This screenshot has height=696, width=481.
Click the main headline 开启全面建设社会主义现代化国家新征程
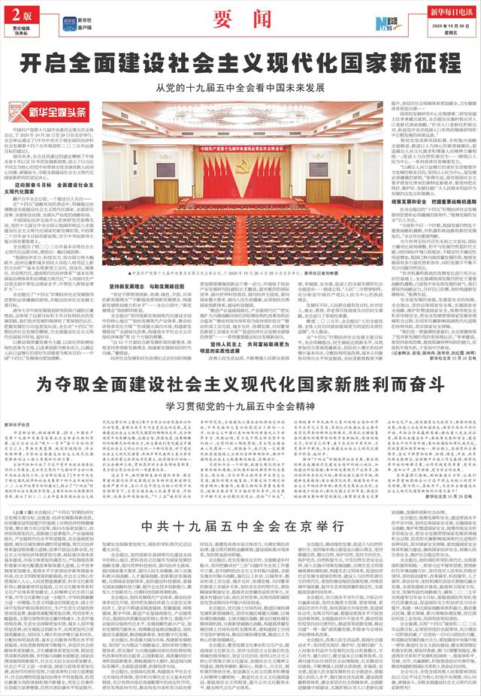(x=240, y=62)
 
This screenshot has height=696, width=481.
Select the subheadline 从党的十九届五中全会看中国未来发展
(x=240, y=86)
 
